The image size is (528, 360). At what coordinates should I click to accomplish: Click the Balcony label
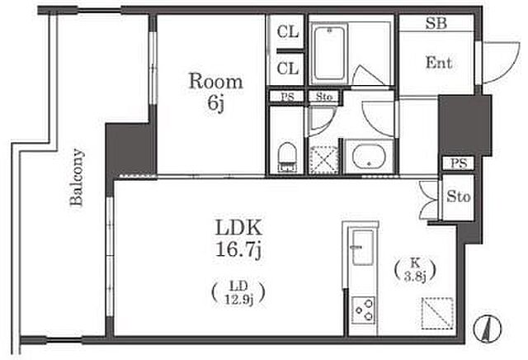pos(77,178)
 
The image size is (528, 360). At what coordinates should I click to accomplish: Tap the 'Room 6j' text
pos(215,92)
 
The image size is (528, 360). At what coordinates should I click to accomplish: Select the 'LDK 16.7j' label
pos(238,239)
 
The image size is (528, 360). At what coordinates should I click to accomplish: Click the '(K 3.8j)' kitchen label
pos(415,270)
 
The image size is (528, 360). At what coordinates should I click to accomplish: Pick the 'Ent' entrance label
pos(438,63)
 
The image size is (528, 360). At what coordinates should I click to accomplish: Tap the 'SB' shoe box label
pos(436,23)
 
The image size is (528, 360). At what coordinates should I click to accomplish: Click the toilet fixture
pos(287,157)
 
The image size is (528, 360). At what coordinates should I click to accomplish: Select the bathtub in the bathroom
pos(328,54)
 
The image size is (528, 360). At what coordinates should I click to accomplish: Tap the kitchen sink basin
pos(362,248)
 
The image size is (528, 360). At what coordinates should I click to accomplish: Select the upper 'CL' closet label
pos(288,32)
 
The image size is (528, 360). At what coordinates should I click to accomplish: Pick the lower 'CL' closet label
pos(288,69)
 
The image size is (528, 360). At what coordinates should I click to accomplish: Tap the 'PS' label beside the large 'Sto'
pos(459,163)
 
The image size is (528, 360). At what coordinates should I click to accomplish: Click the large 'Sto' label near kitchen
pos(459,197)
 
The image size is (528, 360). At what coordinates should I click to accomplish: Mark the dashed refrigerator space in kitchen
pos(438,313)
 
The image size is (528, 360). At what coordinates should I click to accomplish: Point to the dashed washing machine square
pos(323,160)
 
